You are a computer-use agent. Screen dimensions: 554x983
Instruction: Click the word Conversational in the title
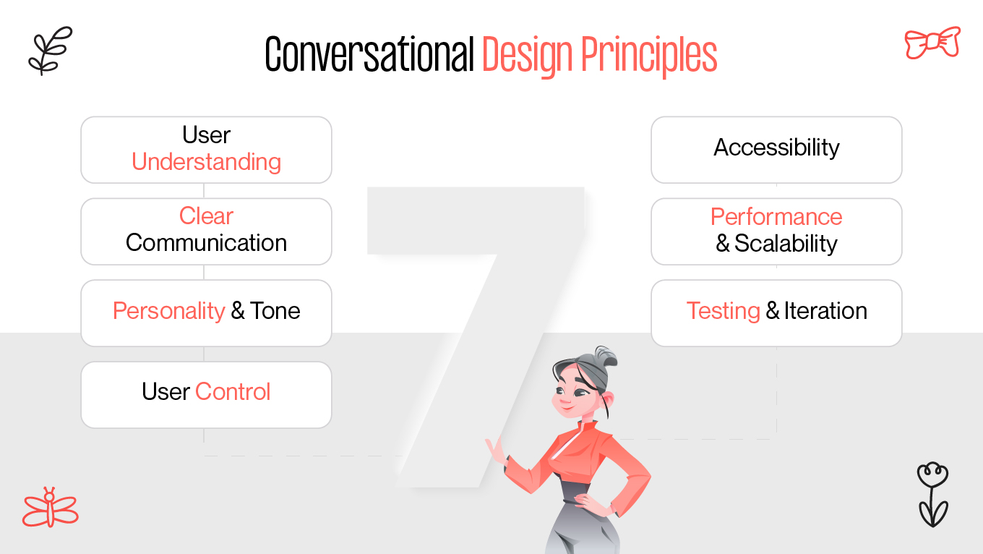click(x=369, y=55)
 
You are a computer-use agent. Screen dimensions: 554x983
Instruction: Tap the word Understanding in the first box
click(x=206, y=162)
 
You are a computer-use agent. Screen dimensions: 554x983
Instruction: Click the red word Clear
click(x=206, y=216)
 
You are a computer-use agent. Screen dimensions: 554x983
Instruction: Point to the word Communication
click(x=206, y=243)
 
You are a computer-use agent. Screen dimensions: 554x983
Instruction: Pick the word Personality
click(x=169, y=311)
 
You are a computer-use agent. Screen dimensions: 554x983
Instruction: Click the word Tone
click(x=275, y=311)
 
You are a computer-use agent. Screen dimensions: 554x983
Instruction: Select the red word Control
click(x=233, y=392)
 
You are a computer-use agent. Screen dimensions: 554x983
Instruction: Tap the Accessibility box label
click(x=776, y=148)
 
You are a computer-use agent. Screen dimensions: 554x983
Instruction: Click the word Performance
click(x=776, y=216)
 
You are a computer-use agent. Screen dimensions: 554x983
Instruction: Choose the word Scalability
click(x=786, y=244)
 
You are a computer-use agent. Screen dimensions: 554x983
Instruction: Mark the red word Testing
click(x=723, y=311)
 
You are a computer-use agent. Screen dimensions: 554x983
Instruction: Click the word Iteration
click(x=825, y=311)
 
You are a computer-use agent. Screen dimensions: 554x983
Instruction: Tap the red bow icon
click(x=932, y=43)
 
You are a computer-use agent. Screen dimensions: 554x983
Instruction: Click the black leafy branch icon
click(x=50, y=51)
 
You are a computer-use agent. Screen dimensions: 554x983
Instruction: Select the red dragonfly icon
click(x=49, y=508)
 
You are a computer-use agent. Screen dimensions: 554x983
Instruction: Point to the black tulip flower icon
click(x=932, y=495)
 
